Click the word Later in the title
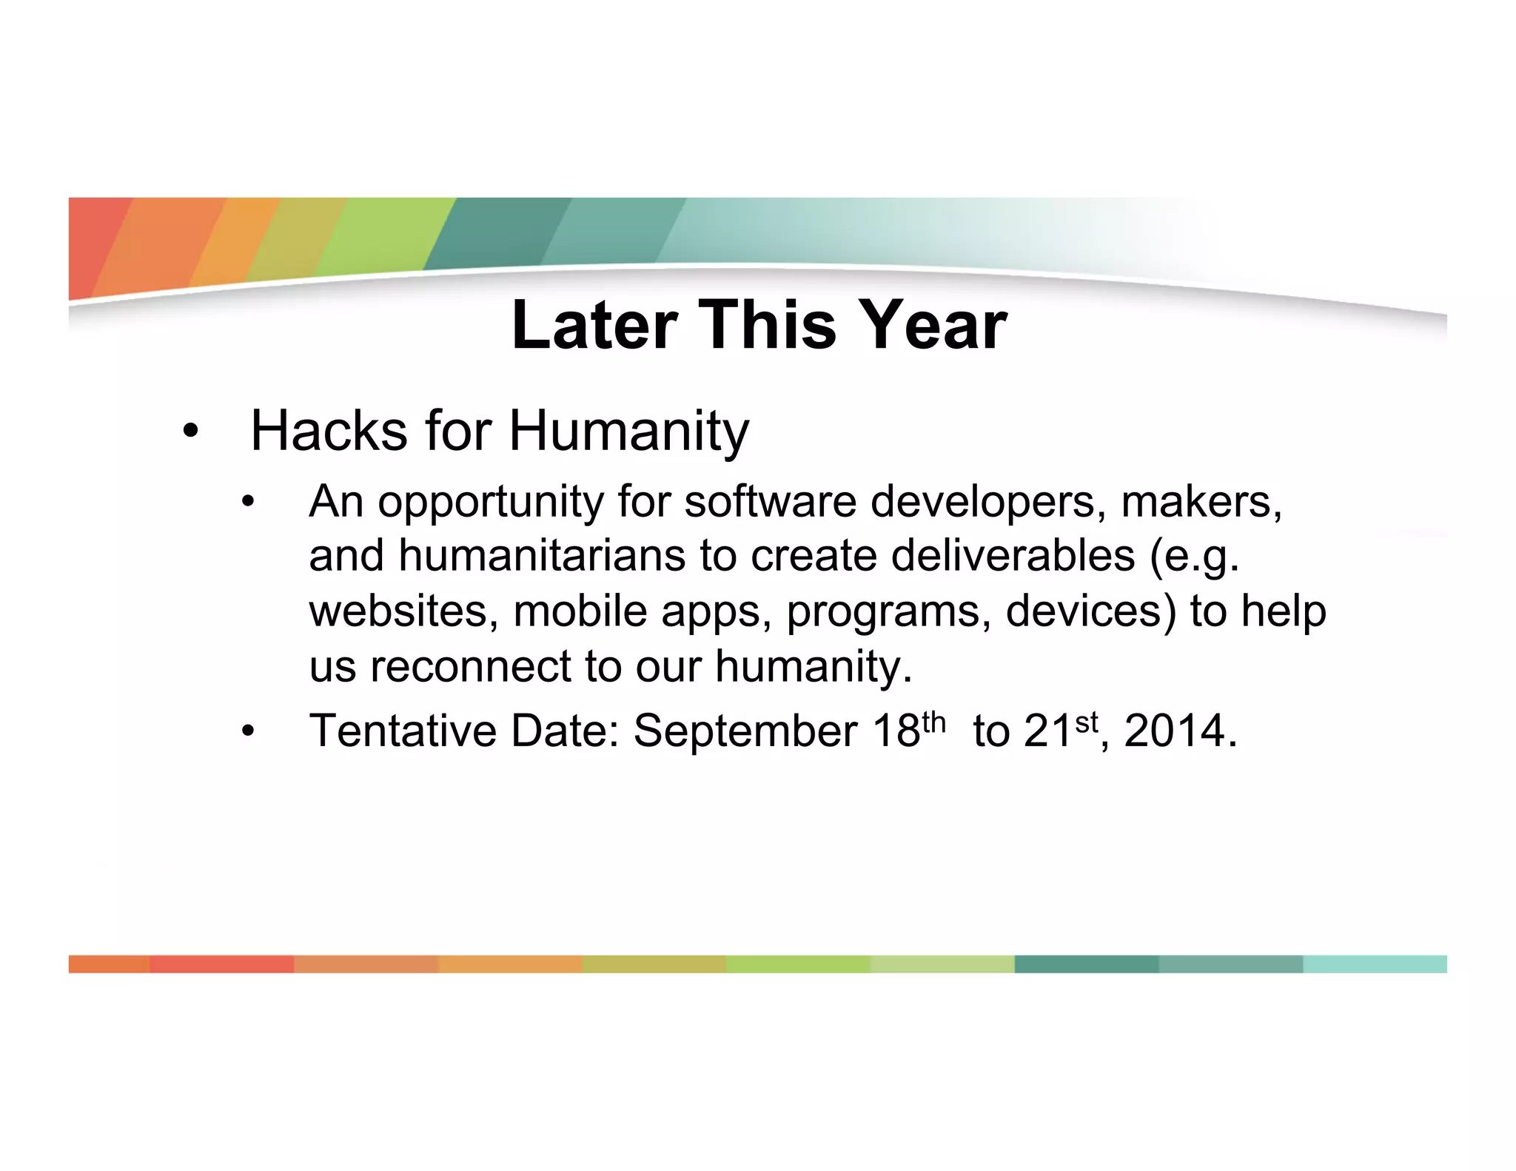(x=594, y=326)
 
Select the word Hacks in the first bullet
(x=329, y=431)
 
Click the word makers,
(x=1201, y=502)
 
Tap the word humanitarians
(x=542, y=556)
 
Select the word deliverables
(x=1013, y=556)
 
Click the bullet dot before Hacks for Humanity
(x=190, y=432)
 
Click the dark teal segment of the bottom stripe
(x=1086, y=964)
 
